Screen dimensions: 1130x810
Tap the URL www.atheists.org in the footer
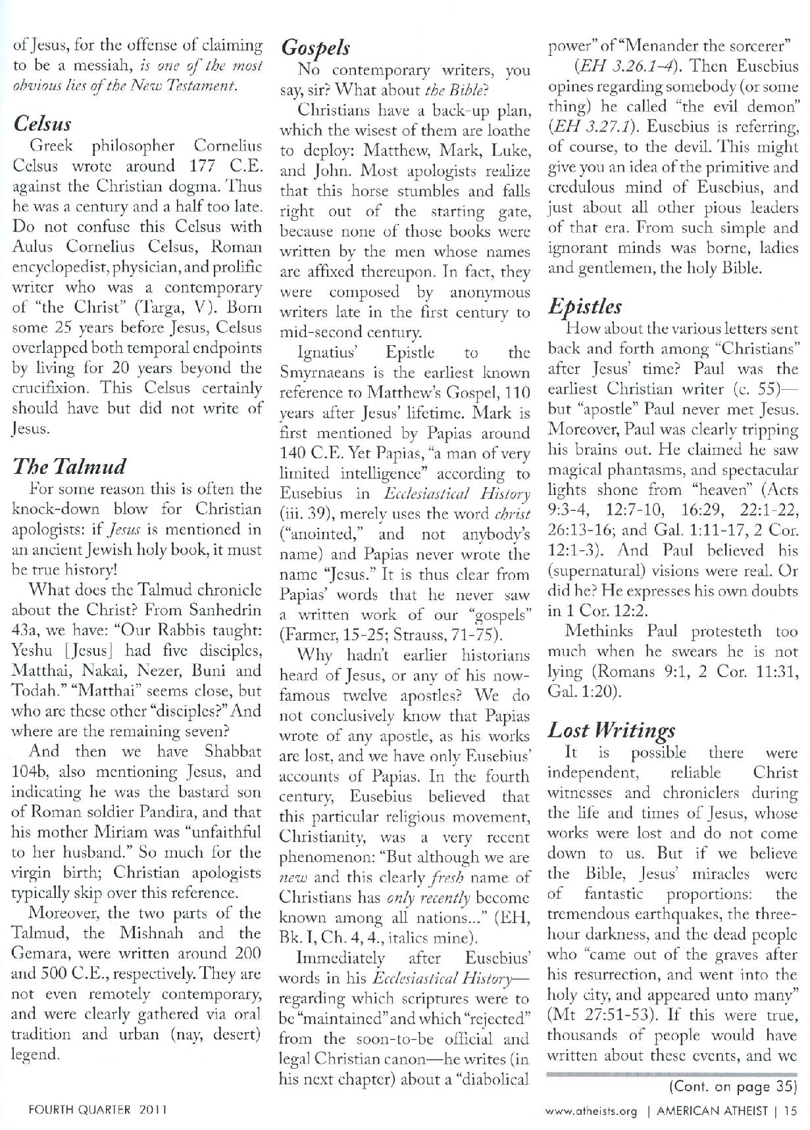tap(592, 1111)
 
